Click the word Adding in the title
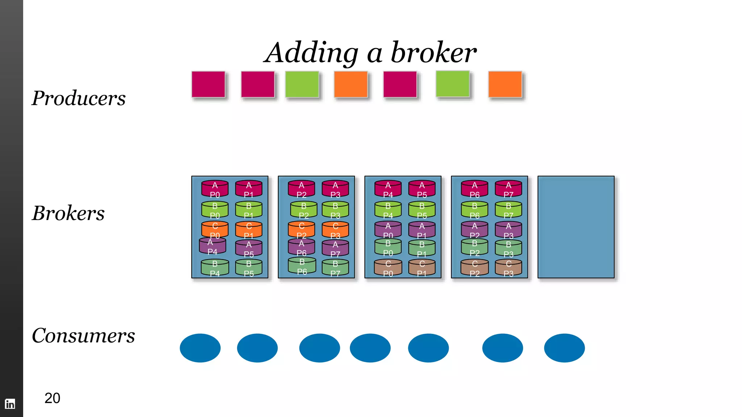point(312,53)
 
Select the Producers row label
point(79,98)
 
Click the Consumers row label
point(83,336)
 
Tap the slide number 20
point(52,398)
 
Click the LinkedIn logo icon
point(10,404)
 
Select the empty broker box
point(576,227)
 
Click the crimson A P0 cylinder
point(215,189)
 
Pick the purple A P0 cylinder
point(388,230)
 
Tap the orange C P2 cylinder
point(301,230)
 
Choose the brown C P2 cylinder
point(475,268)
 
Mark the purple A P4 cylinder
point(213,246)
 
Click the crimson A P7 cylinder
point(508,189)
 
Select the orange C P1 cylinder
point(249,230)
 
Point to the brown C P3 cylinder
point(508,268)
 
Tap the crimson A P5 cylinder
point(422,189)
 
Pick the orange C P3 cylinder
point(335,230)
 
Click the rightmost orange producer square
point(505,85)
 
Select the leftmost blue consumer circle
point(200,348)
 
